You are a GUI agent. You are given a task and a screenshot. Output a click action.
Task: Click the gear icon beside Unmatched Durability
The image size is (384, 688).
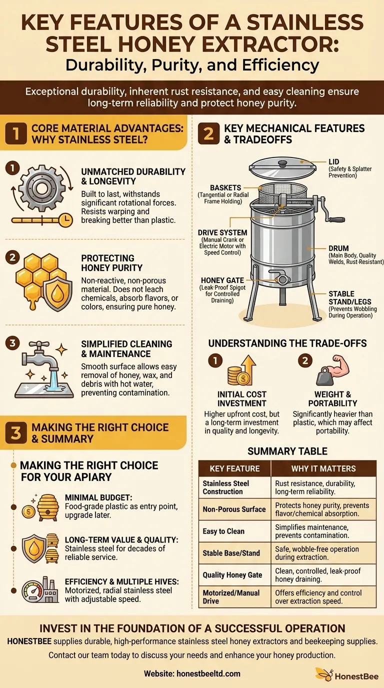point(42,188)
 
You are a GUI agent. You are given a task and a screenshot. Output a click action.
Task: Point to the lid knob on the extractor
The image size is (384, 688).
point(282,163)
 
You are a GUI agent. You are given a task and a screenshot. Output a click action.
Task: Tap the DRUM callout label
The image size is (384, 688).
point(338,248)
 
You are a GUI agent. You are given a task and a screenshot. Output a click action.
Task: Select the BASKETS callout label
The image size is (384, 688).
point(225,187)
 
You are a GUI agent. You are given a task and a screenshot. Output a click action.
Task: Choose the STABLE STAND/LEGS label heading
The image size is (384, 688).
point(350,297)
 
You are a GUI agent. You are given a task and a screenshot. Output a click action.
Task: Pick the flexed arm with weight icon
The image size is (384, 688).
point(332,370)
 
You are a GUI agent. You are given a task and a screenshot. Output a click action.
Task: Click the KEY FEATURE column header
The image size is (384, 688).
point(234,468)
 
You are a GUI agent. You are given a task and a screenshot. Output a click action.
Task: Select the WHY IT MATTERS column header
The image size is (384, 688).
point(323,468)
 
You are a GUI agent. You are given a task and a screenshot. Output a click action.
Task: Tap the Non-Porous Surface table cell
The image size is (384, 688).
point(234,509)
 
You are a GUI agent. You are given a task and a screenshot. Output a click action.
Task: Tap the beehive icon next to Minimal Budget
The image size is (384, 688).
point(47,507)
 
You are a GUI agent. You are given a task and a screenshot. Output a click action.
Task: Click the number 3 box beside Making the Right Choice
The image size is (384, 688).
point(16,433)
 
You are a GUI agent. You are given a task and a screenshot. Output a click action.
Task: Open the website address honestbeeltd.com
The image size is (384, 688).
point(208,673)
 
